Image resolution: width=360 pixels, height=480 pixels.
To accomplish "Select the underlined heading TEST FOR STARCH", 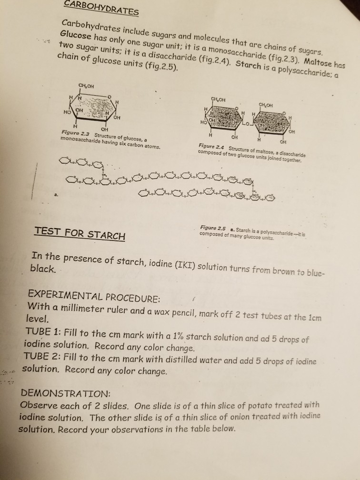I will click(80, 234).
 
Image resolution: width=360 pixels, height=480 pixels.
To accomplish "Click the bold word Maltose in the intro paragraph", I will click(314, 62).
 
